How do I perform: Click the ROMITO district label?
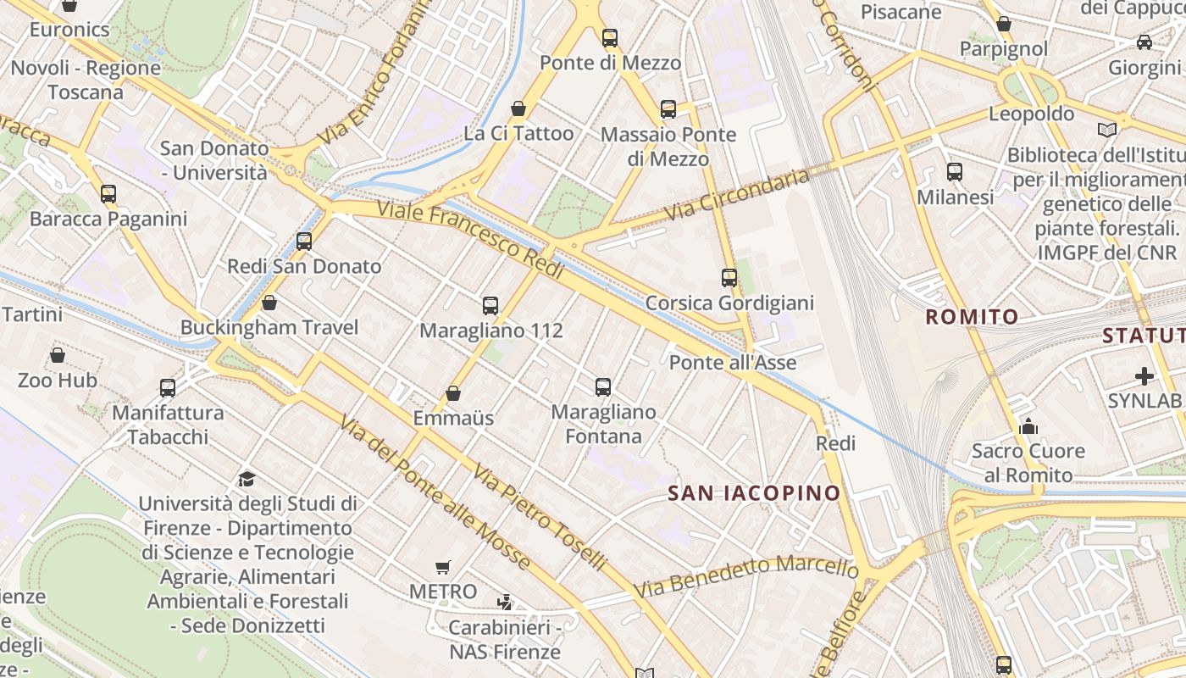point(972,317)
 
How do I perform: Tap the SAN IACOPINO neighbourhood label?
point(754,493)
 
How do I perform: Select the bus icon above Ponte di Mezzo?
point(610,38)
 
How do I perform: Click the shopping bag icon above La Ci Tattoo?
point(518,108)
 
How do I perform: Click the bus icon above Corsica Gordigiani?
point(729,278)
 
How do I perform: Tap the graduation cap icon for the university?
point(247,480)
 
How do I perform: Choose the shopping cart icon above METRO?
point(443,567)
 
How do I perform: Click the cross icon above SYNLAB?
point(1144,375)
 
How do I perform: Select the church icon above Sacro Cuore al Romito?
point(1028,425)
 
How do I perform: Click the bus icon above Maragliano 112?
point(490,306)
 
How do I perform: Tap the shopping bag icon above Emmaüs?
point(453,393)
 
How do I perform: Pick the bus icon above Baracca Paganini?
point(108,194)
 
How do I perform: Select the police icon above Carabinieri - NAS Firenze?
point(505,603)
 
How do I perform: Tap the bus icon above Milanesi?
point(955,172)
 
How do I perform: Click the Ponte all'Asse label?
point(733,363)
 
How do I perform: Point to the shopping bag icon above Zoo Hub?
point(58,355)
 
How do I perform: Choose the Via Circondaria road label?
point(737,196)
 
